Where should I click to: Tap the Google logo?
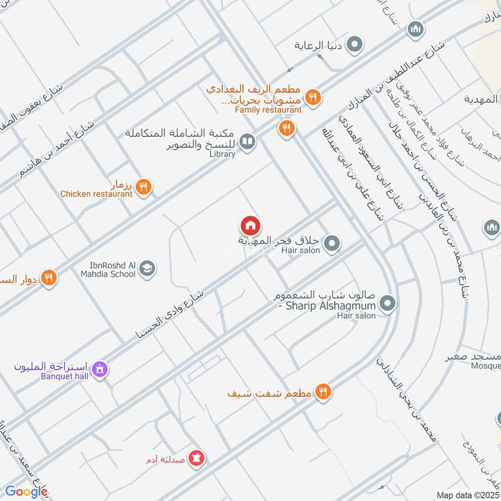26,491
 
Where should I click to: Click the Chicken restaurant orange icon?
143,187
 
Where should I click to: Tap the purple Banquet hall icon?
99,371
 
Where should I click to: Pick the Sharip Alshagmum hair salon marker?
388,304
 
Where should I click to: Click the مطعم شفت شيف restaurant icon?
323,392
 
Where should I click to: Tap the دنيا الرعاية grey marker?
354,45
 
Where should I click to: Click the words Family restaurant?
268,110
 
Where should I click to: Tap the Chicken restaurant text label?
96,194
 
